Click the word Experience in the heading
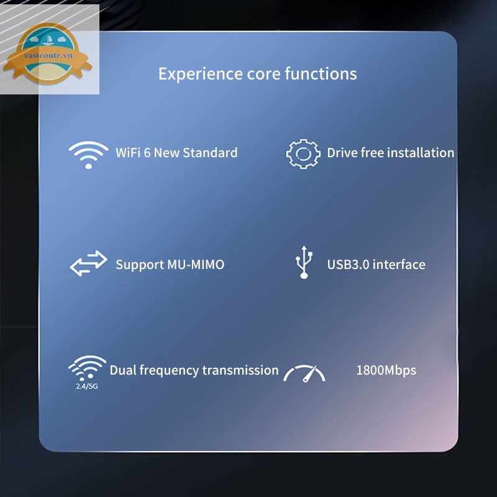click(x=201, y=75)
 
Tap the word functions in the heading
click(x=321, y=73)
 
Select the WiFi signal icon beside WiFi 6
click(x=88, y=155)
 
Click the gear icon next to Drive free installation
click(x=303, y=153)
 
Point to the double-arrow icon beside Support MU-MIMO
click(x=88, y=263)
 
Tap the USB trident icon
click(x=304, y=262)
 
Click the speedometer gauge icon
click(x=304, y=373)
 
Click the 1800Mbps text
click(x=386, y=370)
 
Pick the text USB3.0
click(x=348, y=265)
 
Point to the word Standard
click(x=210, y=152)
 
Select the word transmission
click(x=240, y=370)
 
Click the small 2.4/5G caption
click(x=87, y=386)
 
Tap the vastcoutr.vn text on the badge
click(x=48, y=56)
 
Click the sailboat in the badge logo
click(x=48, y=40)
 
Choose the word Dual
click(x=123, y=370)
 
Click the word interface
click(x=399, y=265)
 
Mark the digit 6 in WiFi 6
click(x=147, y=153)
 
